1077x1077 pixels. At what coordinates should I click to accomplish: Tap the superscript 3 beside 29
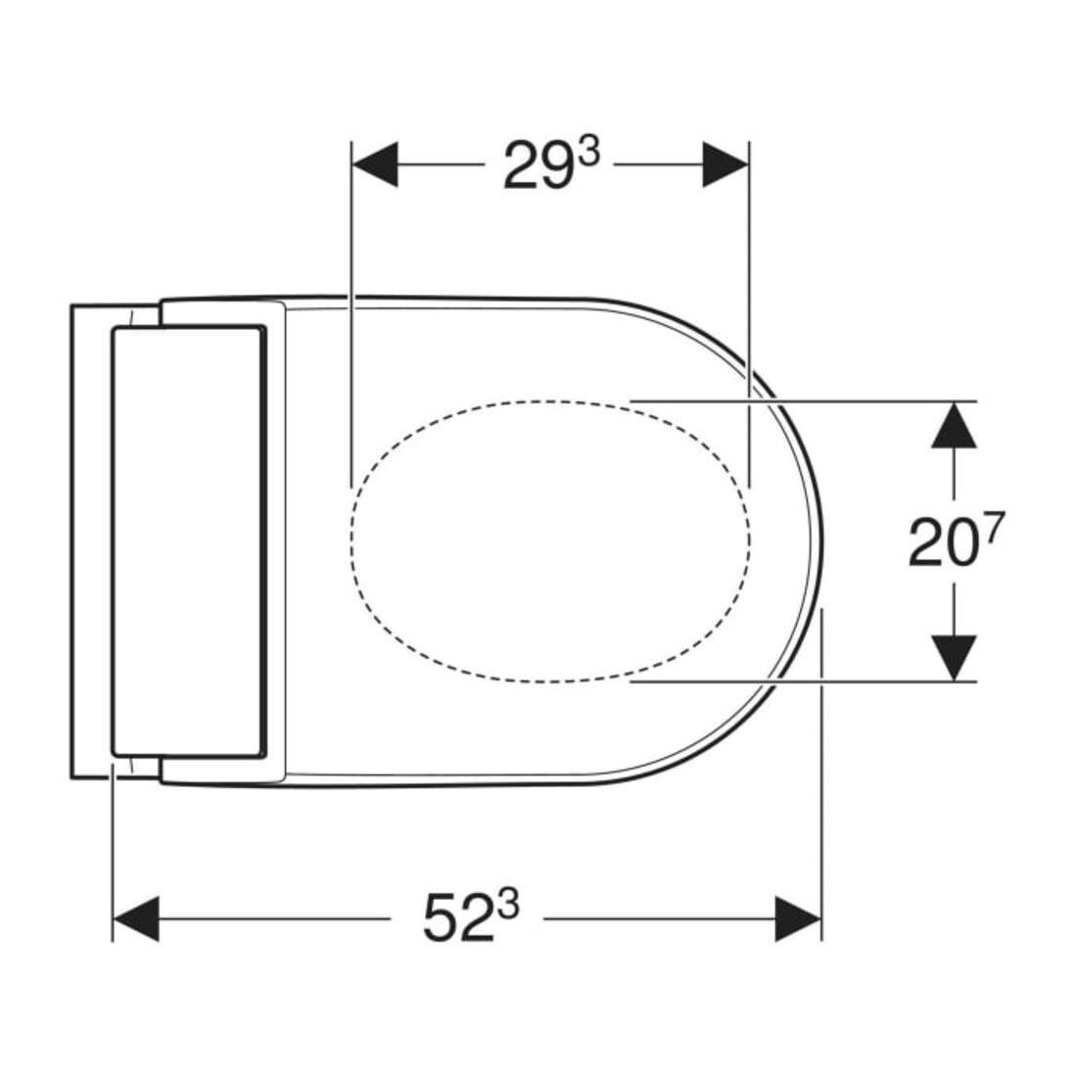[x=588, y=153]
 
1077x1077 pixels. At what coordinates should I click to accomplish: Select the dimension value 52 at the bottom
[x=458, y=918]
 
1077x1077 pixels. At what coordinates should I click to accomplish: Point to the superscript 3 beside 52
[x=509, y=906]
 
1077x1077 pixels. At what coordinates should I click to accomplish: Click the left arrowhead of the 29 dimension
[x=375, y=164]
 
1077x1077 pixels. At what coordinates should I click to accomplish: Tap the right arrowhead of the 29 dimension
[x=726, y=164]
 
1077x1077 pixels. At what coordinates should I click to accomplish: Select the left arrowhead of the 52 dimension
[x=136, y=918]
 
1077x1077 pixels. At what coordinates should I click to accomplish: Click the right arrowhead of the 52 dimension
[x=798, y=918]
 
